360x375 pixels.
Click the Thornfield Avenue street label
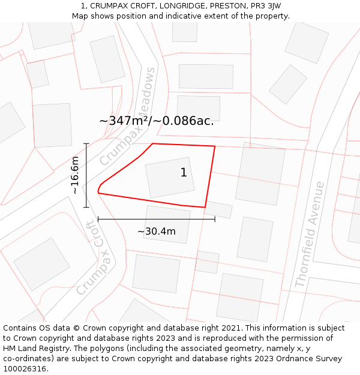[310, 235]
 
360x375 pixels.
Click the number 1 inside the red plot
[184, 173]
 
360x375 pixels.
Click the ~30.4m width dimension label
[157, 232]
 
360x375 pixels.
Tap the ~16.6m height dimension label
[74, 175]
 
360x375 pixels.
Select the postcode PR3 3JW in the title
[265, 6]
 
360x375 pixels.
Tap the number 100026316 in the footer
[25, 369]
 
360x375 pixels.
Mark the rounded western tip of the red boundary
[98, 191]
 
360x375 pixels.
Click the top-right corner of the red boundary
[215, 146]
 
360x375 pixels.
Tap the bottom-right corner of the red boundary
[205, 208]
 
